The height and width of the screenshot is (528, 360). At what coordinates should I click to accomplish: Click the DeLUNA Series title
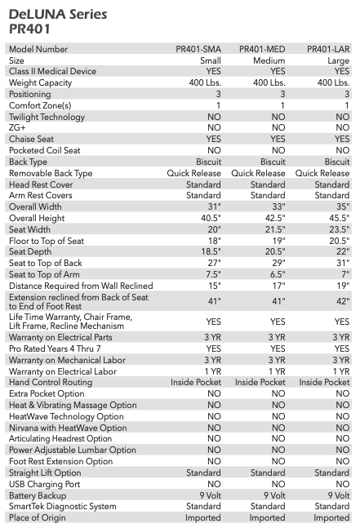pos(58,15)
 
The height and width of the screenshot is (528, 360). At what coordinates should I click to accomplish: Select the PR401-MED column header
pos(262,49)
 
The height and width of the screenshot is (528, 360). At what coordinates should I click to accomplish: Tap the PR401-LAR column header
pos(328,49)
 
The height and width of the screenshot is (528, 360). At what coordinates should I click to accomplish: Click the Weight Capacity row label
pos(41,83)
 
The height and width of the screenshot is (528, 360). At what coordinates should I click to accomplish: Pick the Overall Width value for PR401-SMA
pos(214,206)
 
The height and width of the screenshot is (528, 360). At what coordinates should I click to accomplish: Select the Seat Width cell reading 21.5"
pos(275,229)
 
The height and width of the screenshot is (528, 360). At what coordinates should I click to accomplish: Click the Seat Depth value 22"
pos(343,251)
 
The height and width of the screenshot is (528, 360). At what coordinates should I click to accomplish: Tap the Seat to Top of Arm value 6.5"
pos(278,274)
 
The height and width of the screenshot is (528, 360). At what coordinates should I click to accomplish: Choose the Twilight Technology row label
pos(47,117)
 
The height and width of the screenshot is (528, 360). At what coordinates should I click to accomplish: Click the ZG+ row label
pos(17,127)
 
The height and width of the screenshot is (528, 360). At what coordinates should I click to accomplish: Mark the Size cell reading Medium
pos(269,60)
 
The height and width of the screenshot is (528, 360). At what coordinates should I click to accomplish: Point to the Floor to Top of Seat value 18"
pos(214,241)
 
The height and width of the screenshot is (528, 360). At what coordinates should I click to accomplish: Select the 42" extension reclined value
pos(343,301)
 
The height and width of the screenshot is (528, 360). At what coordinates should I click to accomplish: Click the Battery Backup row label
pos(38,495)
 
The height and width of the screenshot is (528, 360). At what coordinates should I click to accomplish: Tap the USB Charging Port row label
pos(44,484)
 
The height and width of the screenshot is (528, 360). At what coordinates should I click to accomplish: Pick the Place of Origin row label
pos(38,517)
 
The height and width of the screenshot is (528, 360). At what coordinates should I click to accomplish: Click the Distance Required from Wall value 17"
pos(278,286)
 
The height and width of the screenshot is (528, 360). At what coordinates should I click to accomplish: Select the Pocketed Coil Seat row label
pos(44,150)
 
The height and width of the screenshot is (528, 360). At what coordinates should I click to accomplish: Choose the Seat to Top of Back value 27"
pos(214,263)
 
